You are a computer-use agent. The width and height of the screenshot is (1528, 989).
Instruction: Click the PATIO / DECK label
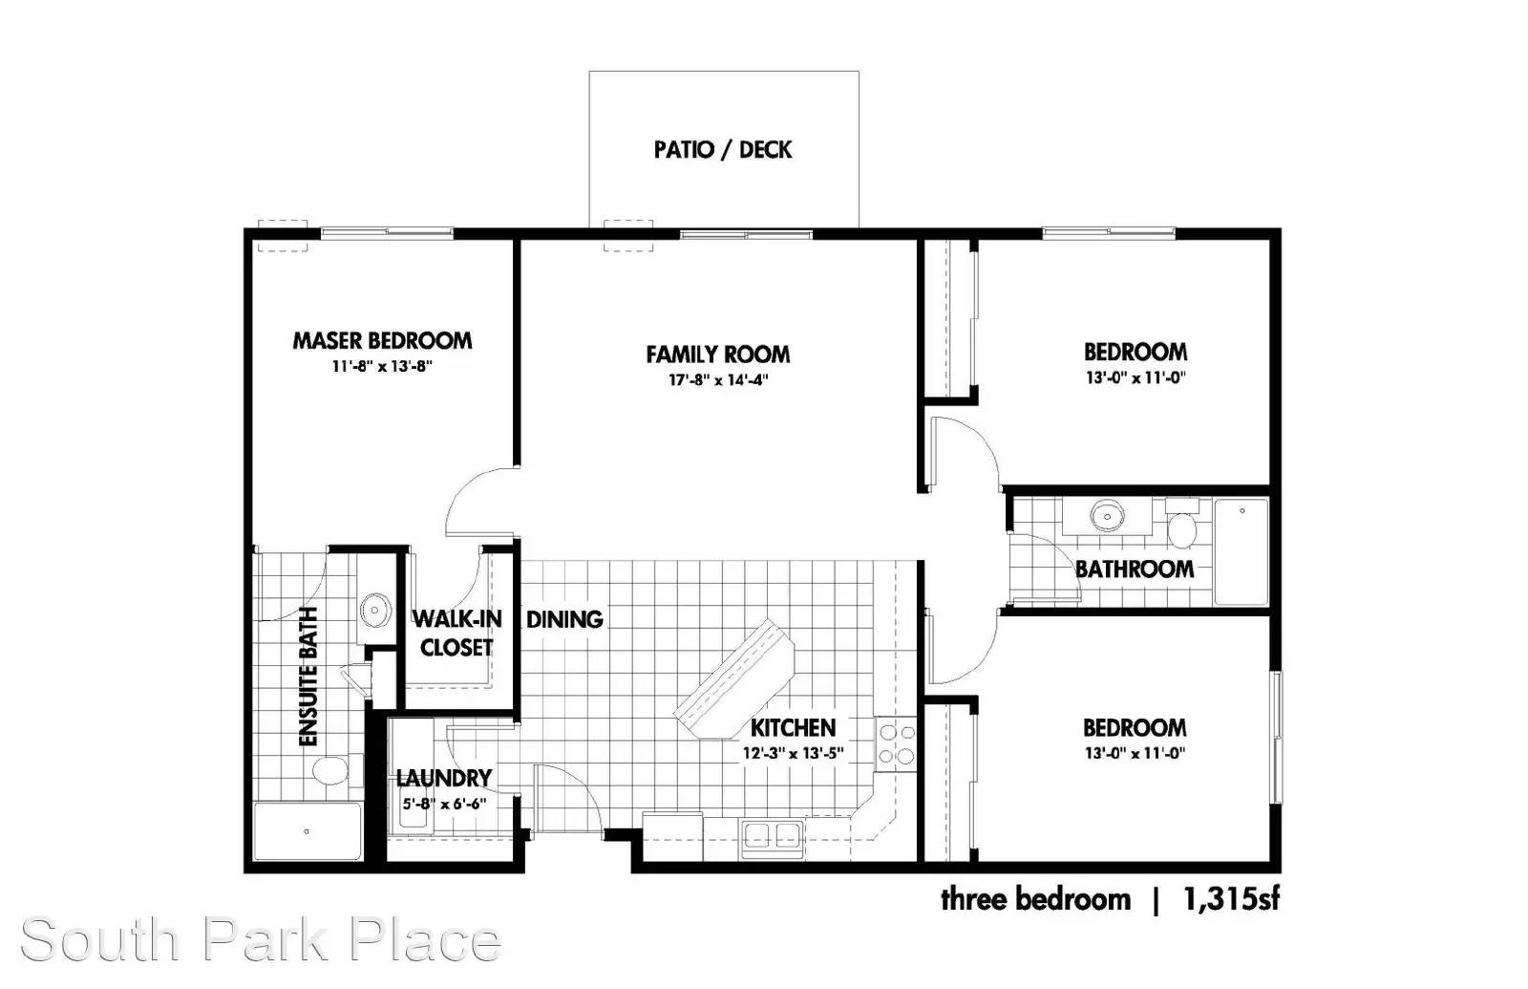[723, 149]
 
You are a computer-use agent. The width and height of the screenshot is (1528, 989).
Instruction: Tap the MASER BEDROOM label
[382, 340]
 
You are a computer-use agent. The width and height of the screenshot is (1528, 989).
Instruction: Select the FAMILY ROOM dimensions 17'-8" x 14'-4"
[718, 379]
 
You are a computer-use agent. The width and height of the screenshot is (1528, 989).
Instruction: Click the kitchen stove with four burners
[897, 744]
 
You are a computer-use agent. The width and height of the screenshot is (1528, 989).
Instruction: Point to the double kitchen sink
[773, 839]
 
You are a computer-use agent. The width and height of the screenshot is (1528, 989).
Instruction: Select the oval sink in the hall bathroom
[1107, 515]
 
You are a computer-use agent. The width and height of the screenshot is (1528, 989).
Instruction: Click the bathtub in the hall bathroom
[1241, 551]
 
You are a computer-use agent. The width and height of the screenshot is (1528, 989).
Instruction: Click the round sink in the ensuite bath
[376, 610]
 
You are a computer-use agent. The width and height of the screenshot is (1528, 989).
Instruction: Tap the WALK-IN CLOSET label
[456, 634]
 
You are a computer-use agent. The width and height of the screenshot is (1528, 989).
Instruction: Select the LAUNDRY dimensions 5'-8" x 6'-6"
[444, 804]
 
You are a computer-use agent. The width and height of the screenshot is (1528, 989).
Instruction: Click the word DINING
[564, 619]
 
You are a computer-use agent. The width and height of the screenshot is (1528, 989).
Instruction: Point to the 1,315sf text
[1231, 899]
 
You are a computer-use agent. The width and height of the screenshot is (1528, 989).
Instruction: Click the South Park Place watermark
[261, 940]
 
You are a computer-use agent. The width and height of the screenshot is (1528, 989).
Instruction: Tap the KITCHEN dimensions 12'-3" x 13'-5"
[794, 754]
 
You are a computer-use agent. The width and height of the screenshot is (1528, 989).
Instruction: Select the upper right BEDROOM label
[1135, 353]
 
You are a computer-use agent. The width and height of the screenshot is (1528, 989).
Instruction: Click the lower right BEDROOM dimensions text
[1135, 754]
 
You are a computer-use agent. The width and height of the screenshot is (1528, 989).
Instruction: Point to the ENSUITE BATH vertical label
[309, 677]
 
